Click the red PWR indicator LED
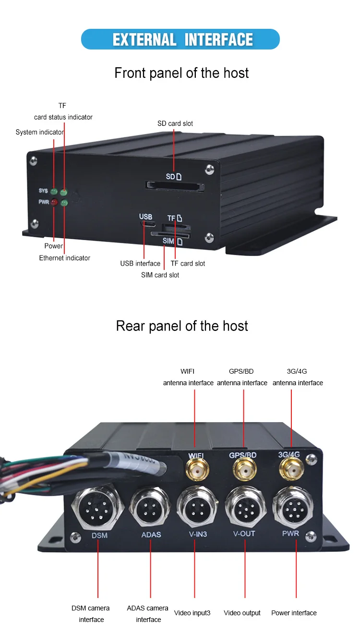(54, 203)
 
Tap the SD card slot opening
(175, 185)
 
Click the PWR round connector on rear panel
(293, 505)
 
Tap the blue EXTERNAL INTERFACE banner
(180, 39)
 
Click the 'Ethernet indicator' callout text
(65, 258)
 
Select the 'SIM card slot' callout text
(160, 275)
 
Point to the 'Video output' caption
(242, 613)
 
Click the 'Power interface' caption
(294, 613)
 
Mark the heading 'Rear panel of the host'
(182, 326)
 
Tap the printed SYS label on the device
(44, 191)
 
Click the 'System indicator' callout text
(40, 132)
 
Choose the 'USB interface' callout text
(140, 263)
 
